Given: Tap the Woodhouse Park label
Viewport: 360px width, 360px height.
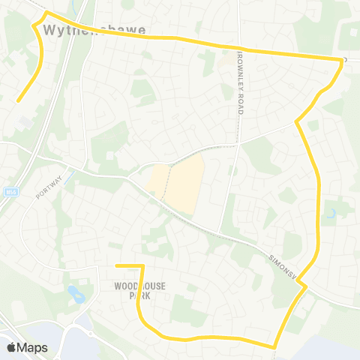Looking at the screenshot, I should (139, 291).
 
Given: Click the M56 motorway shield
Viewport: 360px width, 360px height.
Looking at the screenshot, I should (10, 191).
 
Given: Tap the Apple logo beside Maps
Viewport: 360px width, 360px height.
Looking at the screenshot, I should (11, 347).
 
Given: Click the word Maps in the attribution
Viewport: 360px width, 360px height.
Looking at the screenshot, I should (32, 347).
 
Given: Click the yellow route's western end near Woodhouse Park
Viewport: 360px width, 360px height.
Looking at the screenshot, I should (117, 265).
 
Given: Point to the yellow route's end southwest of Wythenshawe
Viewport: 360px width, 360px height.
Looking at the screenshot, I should (19, 100).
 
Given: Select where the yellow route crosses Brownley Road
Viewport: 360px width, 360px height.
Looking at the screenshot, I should (240, 49).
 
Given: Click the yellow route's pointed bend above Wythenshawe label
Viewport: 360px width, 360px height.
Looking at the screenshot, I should (46, 13).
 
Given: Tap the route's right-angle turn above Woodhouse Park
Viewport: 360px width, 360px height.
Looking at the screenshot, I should (141, 266).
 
